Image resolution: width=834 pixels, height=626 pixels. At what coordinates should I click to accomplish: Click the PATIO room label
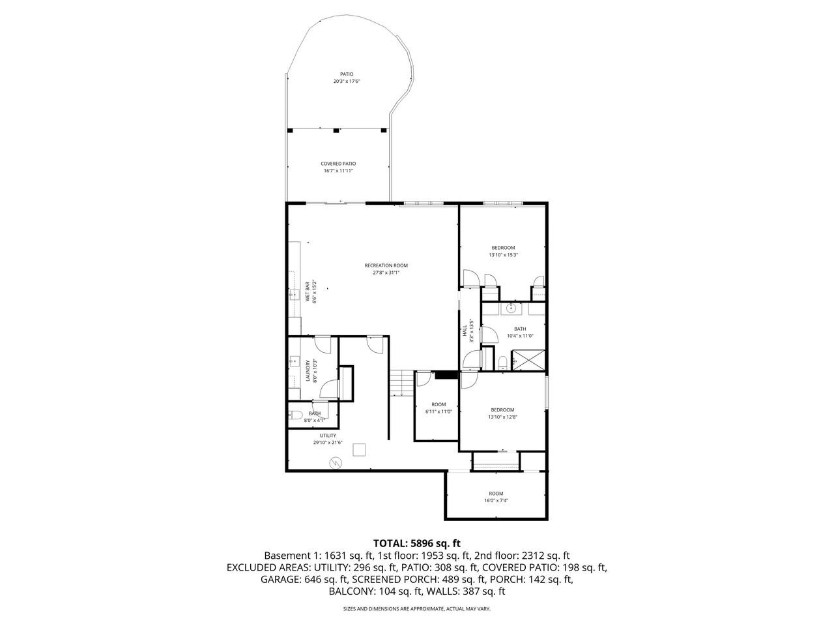[x=346, y=74]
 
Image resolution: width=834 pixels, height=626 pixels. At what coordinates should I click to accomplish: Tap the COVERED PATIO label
[x=338, y=164]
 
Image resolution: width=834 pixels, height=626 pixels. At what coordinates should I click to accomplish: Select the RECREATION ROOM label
[x=386, y=265]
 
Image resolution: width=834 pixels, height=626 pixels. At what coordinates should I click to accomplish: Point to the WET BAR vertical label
[x=308, y=291]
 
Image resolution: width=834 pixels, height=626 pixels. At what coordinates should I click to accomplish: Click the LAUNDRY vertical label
[x=308, y=371]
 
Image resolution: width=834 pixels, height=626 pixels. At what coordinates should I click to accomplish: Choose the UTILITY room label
[x=327, y=436]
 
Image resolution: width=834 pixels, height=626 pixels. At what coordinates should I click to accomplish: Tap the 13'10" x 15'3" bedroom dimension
[x=503, y=255]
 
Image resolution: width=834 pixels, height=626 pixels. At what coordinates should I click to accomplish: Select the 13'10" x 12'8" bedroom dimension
[x=502, y=417]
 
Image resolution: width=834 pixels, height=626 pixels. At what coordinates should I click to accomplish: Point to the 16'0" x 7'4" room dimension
[x=496, y=501]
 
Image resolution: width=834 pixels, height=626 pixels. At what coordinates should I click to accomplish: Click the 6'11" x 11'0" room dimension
[x=438, y=411]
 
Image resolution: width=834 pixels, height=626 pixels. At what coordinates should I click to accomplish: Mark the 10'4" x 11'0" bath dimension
[x=519, y=336]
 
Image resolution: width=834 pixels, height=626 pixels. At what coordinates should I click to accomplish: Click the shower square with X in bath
[x=528, y=360]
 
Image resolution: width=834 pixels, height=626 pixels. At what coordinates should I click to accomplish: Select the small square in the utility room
[x=359, y=449]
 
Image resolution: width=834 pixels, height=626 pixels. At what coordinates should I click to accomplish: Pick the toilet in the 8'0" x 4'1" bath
[x=296, y=414]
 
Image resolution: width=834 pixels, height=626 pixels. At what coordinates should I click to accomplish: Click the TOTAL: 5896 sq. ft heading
[x=416, y=543]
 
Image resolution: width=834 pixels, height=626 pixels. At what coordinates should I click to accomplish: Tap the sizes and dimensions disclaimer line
[x=416, y=609]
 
